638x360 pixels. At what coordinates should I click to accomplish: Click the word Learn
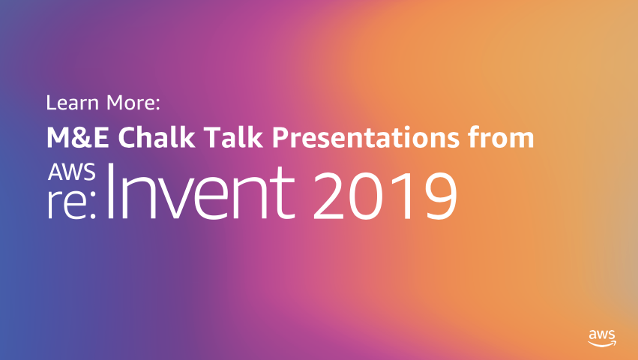click(x=73, y=103)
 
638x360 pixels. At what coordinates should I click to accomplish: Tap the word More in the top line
click(x=130, y=103)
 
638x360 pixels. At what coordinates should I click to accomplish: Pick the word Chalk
click(x=157, y=136)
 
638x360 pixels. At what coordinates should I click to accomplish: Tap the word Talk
click(x=233, y=136)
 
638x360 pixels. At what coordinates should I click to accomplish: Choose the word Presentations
click(x=366, y=137)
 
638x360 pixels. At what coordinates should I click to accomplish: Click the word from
click(x=501, y=136)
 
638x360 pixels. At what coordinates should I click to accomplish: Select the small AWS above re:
click(x=72, y=172)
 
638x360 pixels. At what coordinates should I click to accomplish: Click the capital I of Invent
click(x=109, y=191)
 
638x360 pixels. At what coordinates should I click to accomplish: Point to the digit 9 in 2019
click(x=439, y=196)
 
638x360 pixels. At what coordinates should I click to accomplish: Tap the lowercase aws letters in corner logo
click(x=602, y=334)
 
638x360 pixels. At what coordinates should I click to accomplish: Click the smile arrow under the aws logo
click(x=602, y=344)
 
